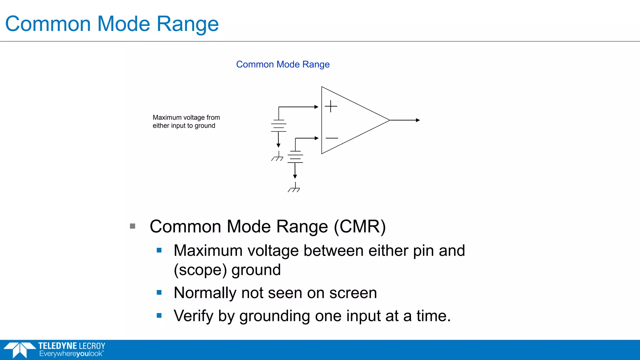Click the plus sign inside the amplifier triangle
click(x=331, y=106)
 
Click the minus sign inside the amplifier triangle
click(x=332, y=138)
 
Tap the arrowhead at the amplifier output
click(x=418, y=120)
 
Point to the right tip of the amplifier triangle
click(x=389, y=120)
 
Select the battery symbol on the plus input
click(x=278, y=126)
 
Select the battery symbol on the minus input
click(x=295, y=157)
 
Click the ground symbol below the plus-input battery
click(x=277, y=157)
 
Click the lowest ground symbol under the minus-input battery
click(x=294, y=188)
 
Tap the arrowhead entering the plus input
click(x=316, y=107)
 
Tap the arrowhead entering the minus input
click(x=317, y=138)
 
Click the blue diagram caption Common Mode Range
click(x=282, y=64)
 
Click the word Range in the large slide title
click(x=187, y=24)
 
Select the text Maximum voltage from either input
click(x=186, y=122)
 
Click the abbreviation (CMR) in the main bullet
click(x=360, y=227)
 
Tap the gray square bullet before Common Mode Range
click(x=132, y=226)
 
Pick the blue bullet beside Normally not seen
click(x=159, y=292)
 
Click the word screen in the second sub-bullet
click(x=353, y=293)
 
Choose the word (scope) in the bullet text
click(x=200, y=270)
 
